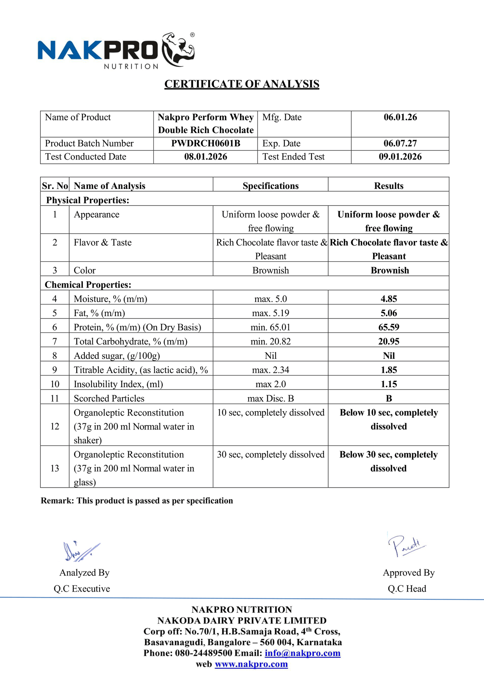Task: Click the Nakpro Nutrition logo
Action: pyautogui.click(x=116, y=51)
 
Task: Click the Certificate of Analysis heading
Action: pyautogui.click(x=242, y=84)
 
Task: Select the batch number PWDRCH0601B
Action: pyautogui.click(x=206, y=144)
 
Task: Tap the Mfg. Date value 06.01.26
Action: pyautogui.click(x=400, y=117)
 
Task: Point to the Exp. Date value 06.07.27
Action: pyautogui.click(x=400, y=144)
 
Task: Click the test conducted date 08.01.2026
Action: pyautogui.click(x=206, y=157)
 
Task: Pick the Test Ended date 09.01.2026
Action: pyautogui.click(x=400, y=157)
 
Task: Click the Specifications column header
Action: pyautogui.click(x=270, y=186)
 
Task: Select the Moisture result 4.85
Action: pyautogui.click(x=389, y=299)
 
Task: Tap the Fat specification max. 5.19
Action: pyautogui.click(x=270, y=313)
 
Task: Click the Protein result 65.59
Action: pyautogui.click(x=389, y=327)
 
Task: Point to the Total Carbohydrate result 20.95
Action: pyautogui.click(x=389, y=342)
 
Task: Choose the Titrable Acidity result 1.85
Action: pyautogui.click(x=389, y=370)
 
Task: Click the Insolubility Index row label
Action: pyautogui.click(x=118, y=384)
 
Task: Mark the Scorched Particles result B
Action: pyautogui.click(x=389, y=399)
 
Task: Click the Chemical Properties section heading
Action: pyautogui.click(x=88, y=285)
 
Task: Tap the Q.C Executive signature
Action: pyautogui.click(x=81, y=551)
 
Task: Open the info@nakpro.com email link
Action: pyautogui.click(x=302, y=653)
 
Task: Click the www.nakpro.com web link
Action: pyautogui.click(x=251, y=664)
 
